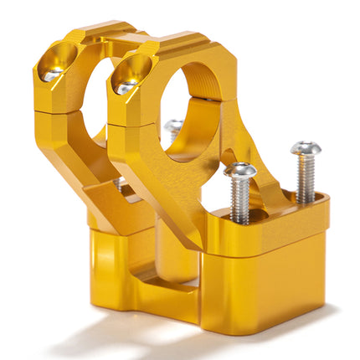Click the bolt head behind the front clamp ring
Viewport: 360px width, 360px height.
[173, 127]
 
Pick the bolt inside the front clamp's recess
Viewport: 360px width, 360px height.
[127, 86]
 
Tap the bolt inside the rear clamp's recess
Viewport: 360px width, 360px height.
[52, 75]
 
